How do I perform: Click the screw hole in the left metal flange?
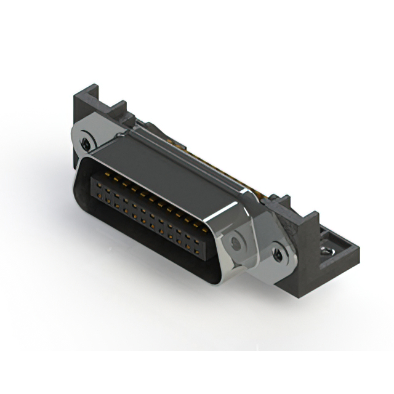click(x=85, y=143)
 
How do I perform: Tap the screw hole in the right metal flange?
click(x=278, y=252)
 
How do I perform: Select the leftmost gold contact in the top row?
click(x=97, y=178)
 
